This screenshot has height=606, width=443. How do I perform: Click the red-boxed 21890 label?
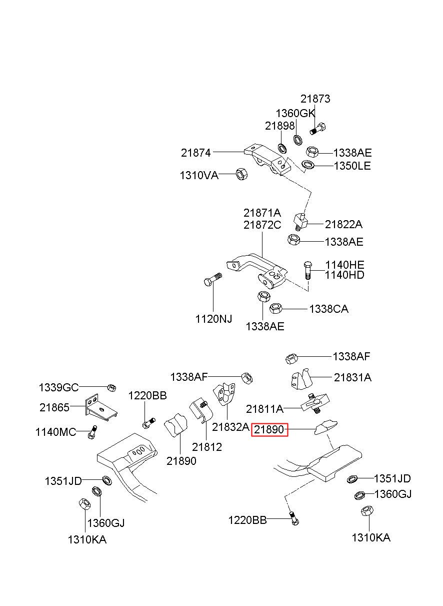[269, 429]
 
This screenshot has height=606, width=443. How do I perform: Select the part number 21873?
[315, 99]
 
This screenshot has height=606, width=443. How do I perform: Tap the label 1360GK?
[295, 114]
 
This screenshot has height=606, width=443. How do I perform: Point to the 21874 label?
[195, 153]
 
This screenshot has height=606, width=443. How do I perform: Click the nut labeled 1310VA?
[241, 174]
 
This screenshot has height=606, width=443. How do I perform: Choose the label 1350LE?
[352, 166]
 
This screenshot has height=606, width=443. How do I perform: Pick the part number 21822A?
[343, 224]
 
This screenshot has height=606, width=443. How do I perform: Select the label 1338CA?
[328, 309]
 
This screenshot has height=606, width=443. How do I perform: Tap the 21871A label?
[262, 213]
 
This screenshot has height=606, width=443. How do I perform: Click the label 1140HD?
[344, 275]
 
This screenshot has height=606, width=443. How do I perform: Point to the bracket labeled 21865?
[101, 408]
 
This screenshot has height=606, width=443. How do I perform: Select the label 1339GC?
[58, 388]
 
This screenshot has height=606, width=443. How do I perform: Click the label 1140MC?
[55, 432]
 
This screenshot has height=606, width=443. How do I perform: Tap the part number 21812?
[207, 447]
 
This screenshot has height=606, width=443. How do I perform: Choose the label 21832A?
[230, 427]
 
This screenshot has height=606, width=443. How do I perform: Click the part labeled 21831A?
[301, 379]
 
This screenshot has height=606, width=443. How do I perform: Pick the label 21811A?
[264, 409]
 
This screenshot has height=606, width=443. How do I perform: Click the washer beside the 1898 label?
[282, 148]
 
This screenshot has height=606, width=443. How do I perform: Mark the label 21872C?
[262, 225]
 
